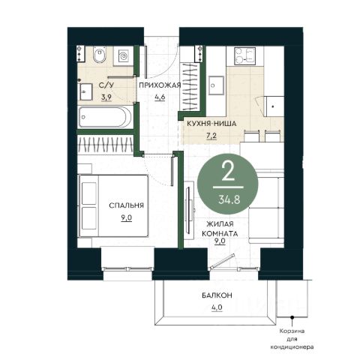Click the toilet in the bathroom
[x=100, y=55]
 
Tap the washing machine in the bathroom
[x=122, y=56]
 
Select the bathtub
[x=105, y=117]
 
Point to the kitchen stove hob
[x=244, y=56]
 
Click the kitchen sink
[x=216, y=85]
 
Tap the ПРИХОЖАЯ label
[x=160, y=85]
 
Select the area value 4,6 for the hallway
[x=160, y=97]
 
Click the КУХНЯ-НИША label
[x=211, y=124]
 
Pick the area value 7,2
[x=211, y=136]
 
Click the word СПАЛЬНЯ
[x=126, y=205]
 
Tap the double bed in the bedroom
[x=114, y=205]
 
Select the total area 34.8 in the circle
[x=229, y=199]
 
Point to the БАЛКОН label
[x=217, y=295]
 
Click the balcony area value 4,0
[x=217, y=307]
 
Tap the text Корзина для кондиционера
[x=292, y=339]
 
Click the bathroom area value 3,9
[x=106, y=97]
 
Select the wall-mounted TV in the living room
[x=189, y=207]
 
